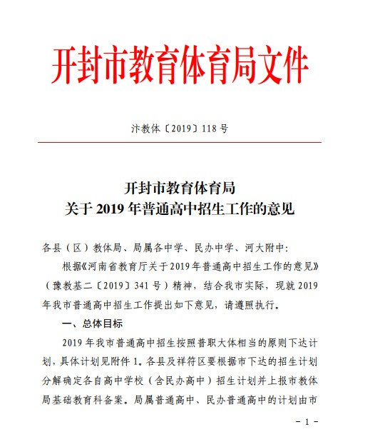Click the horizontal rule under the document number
pyautogui.click(x=182, y=143)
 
